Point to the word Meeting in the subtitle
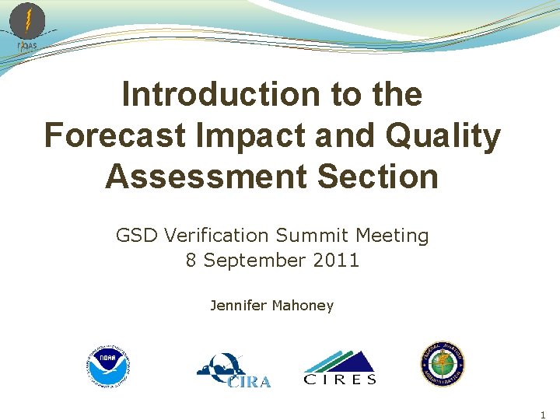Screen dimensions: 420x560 pyautogui.click(x=393, y=235)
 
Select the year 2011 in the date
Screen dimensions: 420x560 pyautogui.click(x=336, y=261)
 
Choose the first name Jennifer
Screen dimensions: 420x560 pyautogui.click(x=238, y=306)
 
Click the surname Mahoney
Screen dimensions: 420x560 pyautogui.click(x=303, y=306)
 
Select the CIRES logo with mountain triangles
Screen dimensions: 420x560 pyautogui.click(x=340, y=368)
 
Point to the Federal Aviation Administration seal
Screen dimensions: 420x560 pyautogui.click(x=443, y=364)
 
